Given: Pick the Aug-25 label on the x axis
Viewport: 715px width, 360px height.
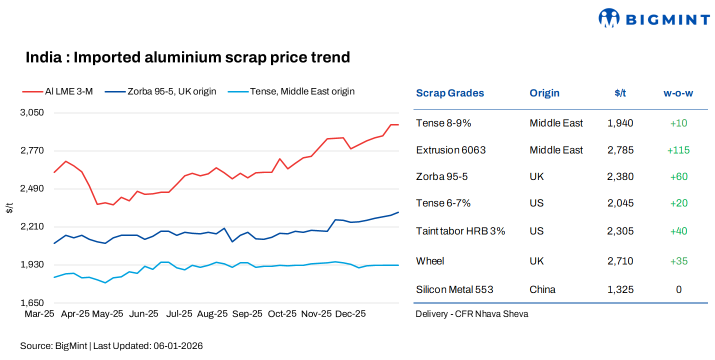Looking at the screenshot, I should [212, 314].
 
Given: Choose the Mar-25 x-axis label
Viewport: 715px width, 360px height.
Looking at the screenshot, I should [39, 314].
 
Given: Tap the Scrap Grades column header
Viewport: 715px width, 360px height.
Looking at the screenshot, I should [449, 93].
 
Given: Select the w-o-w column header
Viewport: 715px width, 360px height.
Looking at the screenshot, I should [678, 93].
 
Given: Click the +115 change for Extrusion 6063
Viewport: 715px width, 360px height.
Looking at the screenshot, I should [678, 150].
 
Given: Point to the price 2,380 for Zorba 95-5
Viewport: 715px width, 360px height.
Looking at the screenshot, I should [620, 176].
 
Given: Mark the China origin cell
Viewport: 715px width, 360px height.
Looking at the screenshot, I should [542, 289].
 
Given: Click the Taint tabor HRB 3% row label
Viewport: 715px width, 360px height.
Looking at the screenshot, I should [460, 231].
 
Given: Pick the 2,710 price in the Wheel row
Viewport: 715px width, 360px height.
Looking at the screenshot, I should [620, 261].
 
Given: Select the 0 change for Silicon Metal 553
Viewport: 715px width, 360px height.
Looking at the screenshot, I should [678, 289].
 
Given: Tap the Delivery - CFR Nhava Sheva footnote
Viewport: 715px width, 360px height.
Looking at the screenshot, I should [471, 314].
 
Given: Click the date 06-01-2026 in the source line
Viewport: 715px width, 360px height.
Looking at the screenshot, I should [178, 346].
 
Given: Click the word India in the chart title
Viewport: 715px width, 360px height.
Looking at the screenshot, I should [42, 57].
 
